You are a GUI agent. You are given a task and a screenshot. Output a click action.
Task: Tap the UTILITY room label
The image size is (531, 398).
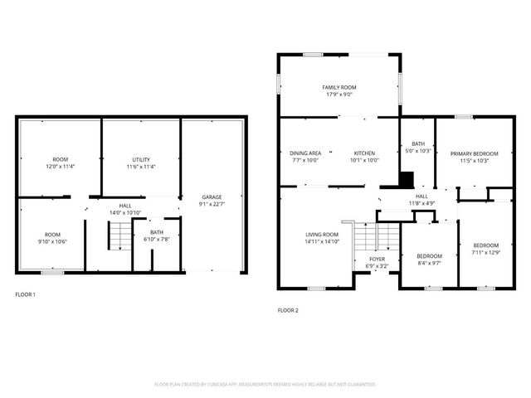pyautogui.click(x=141, y=159)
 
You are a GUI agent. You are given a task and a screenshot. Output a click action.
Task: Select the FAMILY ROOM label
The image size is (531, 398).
pyautogui.click(x=339, y=87)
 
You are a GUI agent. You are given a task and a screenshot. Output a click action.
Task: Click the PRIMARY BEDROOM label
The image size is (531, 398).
pyautogui.click(x=475, y=153)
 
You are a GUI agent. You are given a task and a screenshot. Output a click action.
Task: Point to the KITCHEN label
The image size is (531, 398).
pyautogui.click(x=365, y=153)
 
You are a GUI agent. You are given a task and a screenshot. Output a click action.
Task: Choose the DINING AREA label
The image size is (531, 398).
pyautogui.click(x=305, y=153)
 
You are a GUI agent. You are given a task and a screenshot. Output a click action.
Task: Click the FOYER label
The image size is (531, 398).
pyautogui.click(x=378, y=260)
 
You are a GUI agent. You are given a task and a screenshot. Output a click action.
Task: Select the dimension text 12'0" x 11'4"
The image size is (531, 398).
pyautogui.click(x=61, y=167)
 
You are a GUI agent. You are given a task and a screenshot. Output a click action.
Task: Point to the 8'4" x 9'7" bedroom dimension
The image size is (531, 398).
pyautogui.click(x=429, y=263)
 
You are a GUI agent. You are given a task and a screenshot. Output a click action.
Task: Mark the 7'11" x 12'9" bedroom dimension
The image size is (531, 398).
pyautogui.click(x=486, y=252)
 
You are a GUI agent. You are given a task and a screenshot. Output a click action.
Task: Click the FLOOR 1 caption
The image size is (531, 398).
pyautogui.click(x=26, y=294)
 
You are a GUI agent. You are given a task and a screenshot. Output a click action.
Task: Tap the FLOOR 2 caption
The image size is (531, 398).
pyautogui.click(x=288, y=311)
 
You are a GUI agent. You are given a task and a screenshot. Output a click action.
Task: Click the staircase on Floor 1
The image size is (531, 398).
pyautogui.click(x=120, y=237)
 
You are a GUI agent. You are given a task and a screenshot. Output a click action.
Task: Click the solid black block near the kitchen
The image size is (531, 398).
pyautogui.click(x=406, y=180)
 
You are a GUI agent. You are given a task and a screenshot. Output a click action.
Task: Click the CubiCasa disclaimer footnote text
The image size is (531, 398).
pyautogui.click(x=265, y=385)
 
